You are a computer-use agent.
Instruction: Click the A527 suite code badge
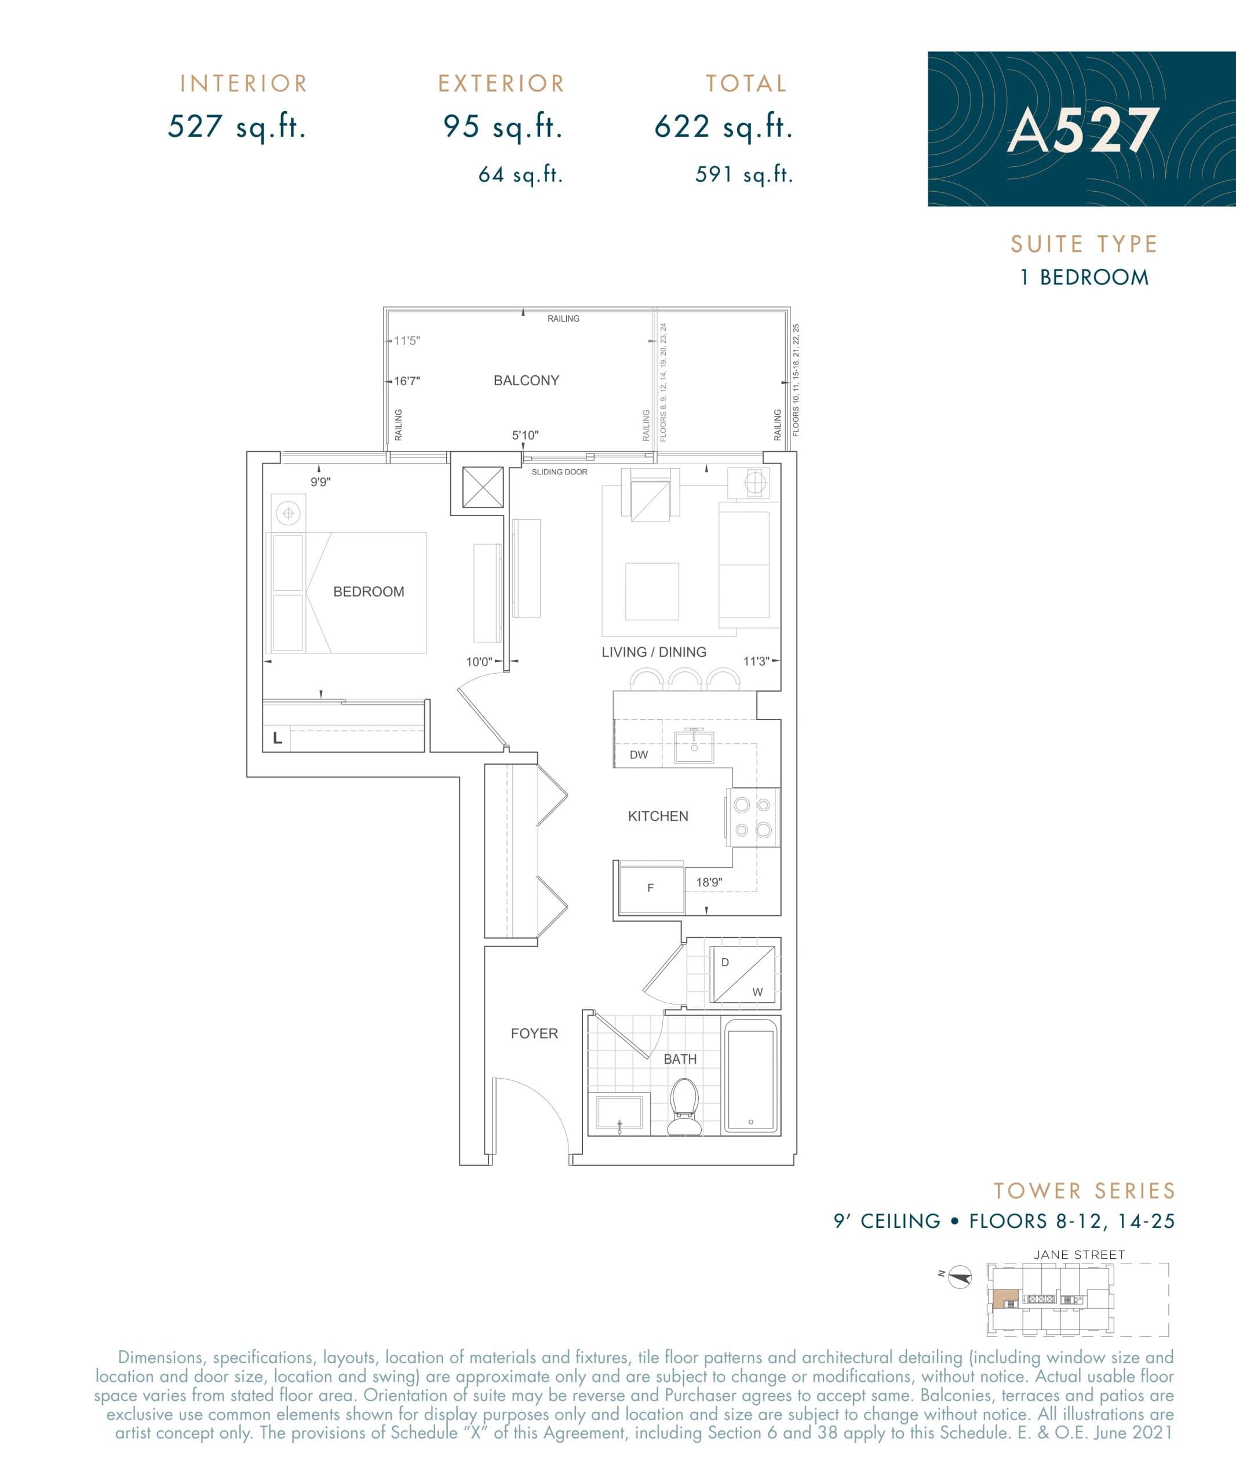point(1081,129)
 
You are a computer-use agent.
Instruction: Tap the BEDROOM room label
point(369,592)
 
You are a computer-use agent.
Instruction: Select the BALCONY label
point(526,381)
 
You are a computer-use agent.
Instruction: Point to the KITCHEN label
point(658,816)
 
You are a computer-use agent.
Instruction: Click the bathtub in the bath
point(751,1080)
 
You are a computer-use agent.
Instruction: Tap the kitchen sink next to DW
point(694,748)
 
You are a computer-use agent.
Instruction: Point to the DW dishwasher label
point(639,755)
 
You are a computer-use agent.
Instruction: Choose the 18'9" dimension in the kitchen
point(709,883)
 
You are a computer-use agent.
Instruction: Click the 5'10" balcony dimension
point(525,436)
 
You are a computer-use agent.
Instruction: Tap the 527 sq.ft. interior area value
point(236,127)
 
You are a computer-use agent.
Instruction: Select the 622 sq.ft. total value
point(723,127)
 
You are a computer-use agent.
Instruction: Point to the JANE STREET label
point(1079,1255)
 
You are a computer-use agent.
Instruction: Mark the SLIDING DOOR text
point(559,472)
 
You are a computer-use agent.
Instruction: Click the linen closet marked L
point(278,739)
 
